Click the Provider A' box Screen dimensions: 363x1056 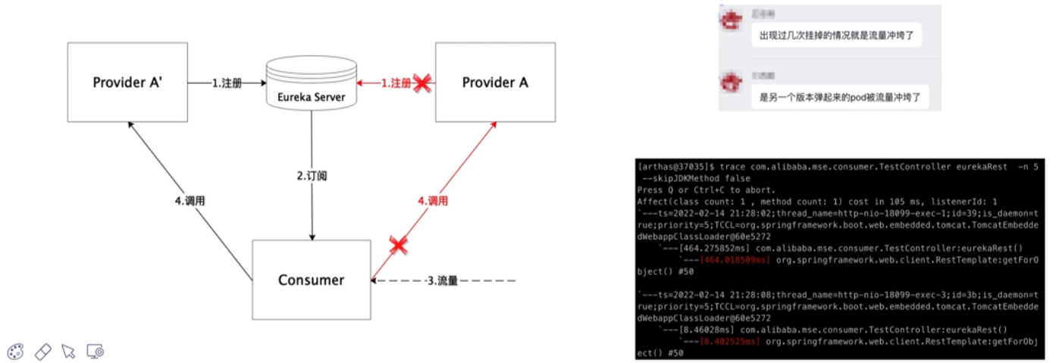(127, 82)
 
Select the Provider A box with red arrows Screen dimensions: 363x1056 (495, 82)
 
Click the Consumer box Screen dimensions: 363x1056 (311, 280)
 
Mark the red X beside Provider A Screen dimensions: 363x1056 (421, 83)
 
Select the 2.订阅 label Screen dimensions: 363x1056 (311, 176)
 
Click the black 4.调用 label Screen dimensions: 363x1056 (190, 202)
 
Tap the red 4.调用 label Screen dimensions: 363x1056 (433, 202)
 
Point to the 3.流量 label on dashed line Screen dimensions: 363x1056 (442, 281)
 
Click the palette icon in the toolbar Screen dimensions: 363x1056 (16, 352)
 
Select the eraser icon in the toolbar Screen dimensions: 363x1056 (42, 352)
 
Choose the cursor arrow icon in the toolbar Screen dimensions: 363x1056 (68, 352)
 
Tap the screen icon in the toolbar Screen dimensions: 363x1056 (95, 352)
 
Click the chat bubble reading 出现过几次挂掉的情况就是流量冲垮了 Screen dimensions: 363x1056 (836, 35)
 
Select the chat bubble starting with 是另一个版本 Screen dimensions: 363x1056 (841, 97)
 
